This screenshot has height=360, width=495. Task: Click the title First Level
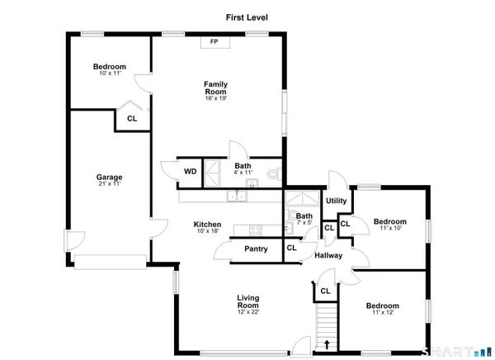247,17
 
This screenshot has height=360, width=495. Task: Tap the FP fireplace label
214,41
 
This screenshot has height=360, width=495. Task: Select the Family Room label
215,87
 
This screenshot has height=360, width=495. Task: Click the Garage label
109,177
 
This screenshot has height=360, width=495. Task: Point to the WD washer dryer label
190,172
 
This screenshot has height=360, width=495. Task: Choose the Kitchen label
207,225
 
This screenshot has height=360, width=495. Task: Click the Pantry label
255,249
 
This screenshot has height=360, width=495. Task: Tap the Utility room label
336,201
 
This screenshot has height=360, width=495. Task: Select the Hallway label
329,255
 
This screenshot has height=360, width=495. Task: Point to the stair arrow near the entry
328,345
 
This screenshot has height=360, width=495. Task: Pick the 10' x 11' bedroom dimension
109,73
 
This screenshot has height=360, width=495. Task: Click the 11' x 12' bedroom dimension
388,312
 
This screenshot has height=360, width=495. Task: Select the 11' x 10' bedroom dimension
389,228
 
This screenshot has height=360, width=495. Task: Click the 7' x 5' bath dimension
304,223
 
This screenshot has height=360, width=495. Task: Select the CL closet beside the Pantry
290,249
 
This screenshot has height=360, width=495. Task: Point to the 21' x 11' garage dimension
109,183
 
